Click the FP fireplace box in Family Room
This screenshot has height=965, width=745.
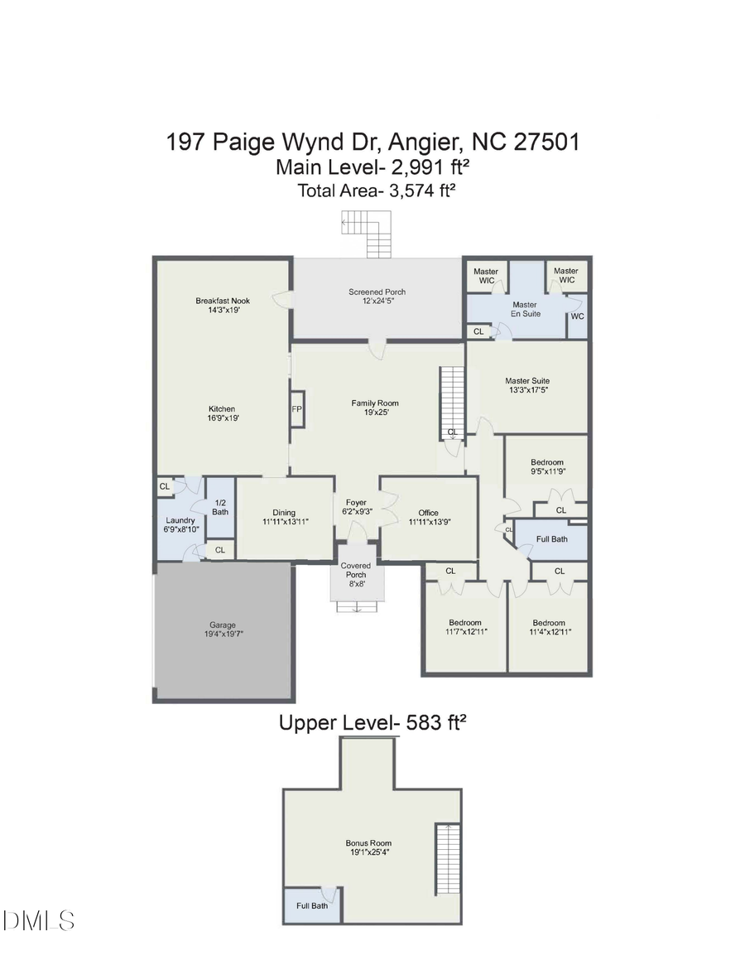coord(296,409)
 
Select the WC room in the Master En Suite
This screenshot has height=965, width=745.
coord(577,316)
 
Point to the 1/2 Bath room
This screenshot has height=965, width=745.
coord(220,507)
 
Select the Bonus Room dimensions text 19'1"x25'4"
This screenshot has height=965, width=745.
coord(368,854)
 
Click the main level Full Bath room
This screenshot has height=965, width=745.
coord(552,539)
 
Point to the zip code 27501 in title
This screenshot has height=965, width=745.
coord(546,141)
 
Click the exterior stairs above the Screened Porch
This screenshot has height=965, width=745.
coord(368,233)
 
